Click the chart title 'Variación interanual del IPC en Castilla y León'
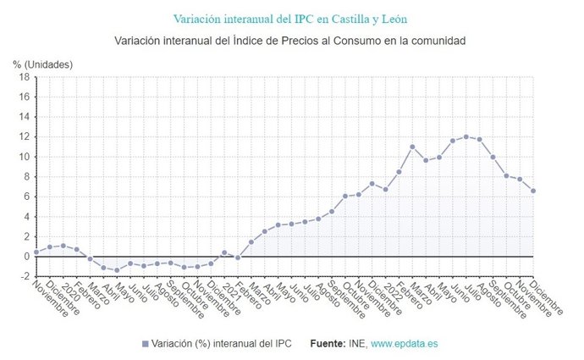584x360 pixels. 291,18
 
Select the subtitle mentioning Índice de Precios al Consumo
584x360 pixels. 291,41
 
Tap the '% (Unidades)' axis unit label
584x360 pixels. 42,64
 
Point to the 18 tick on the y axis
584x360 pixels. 25,77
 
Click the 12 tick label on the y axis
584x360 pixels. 25,137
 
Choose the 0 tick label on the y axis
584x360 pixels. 26,256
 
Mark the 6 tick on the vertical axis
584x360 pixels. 26,197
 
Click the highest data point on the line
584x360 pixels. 466,136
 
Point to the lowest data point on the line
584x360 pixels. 117,270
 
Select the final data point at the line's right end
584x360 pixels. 533,191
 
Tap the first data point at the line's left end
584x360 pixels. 36,252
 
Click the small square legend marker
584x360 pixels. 145,343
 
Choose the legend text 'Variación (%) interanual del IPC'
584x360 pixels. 223,343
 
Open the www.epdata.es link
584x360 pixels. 405,343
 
